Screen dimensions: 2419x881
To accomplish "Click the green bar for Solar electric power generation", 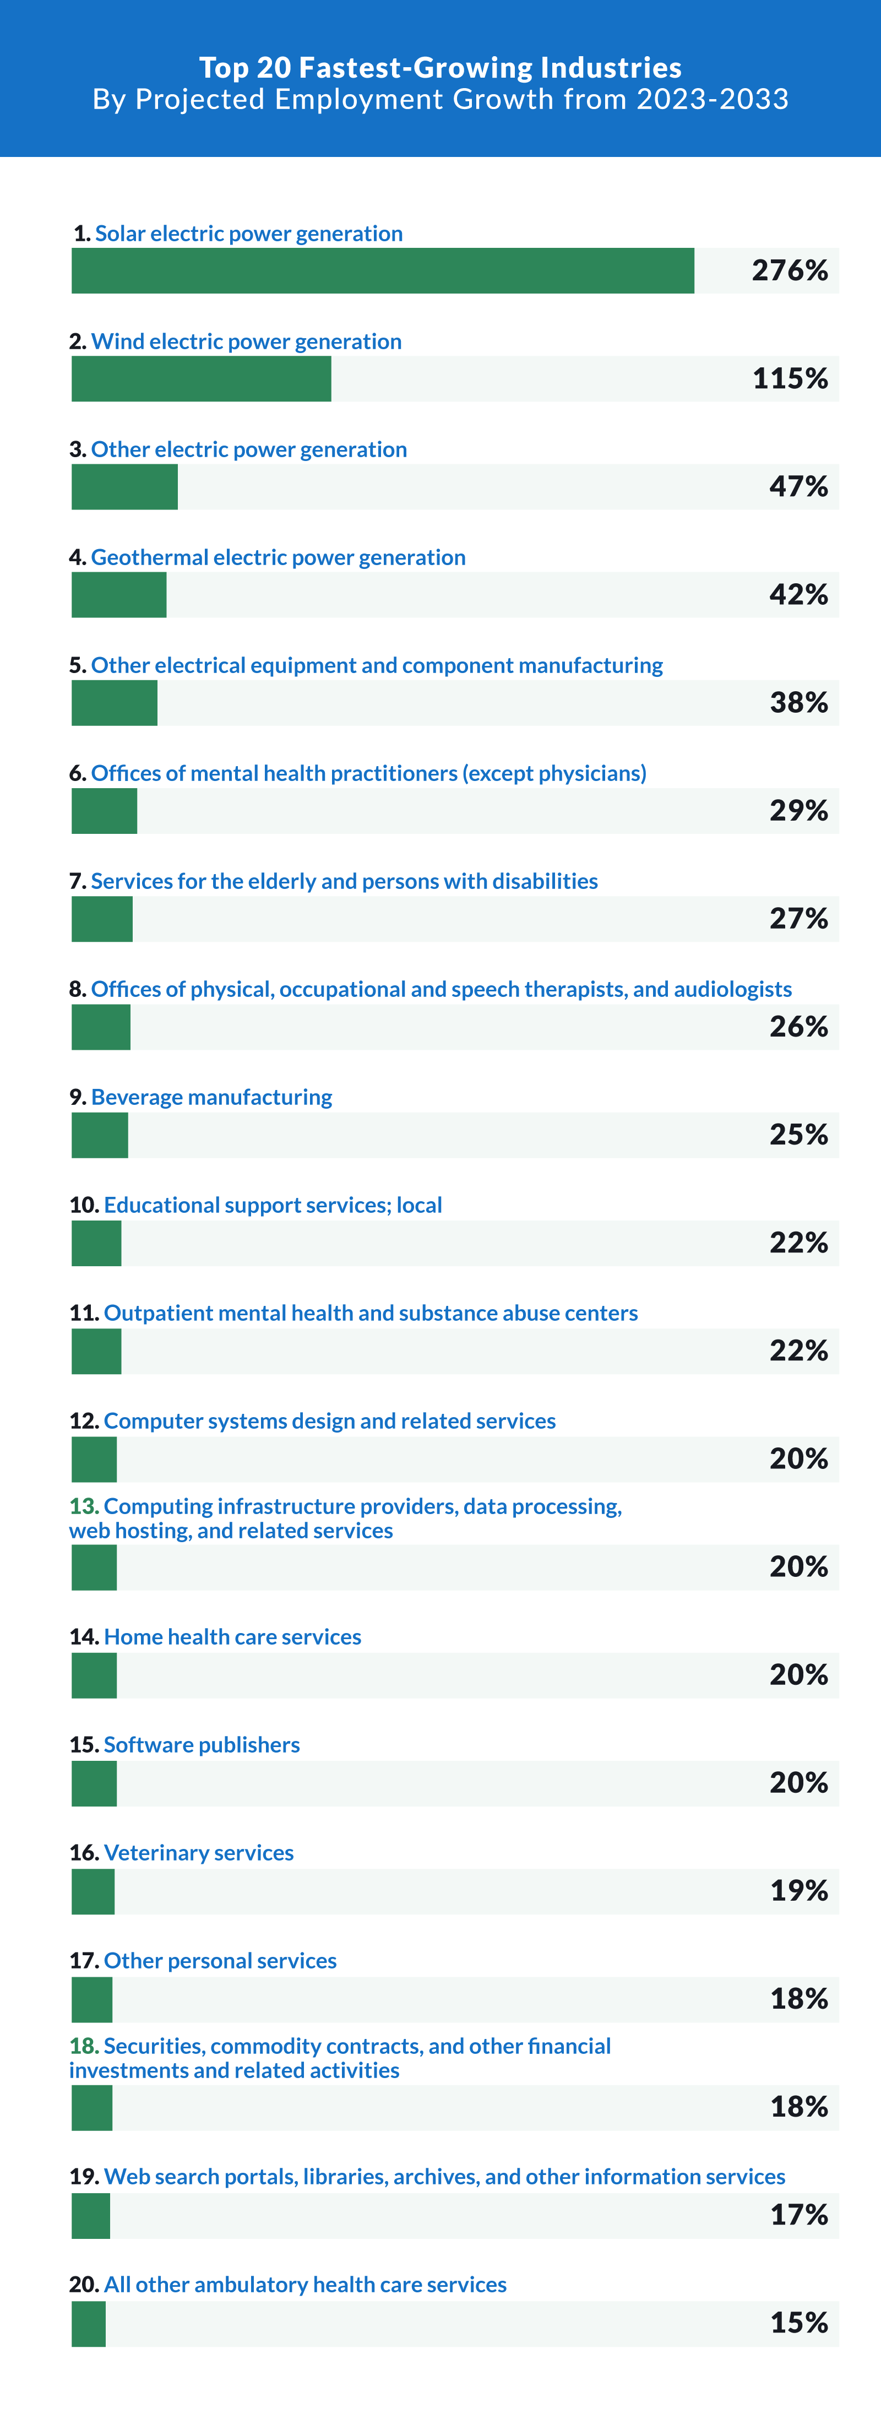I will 382,270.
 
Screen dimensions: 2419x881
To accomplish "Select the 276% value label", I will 789,270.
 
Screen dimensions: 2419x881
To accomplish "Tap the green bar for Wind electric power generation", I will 201,378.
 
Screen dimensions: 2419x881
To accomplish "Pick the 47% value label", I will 798,486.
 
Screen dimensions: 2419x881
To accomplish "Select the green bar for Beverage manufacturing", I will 100,1135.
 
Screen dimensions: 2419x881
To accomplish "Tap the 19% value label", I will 798,1890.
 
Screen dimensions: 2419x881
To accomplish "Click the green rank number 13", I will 84,1506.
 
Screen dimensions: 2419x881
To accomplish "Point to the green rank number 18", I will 84,2046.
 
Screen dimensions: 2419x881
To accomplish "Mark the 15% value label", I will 798,2322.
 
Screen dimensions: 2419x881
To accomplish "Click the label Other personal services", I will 220,1961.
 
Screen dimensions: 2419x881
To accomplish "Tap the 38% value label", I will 798,702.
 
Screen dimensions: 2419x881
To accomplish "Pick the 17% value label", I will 798,2214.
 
